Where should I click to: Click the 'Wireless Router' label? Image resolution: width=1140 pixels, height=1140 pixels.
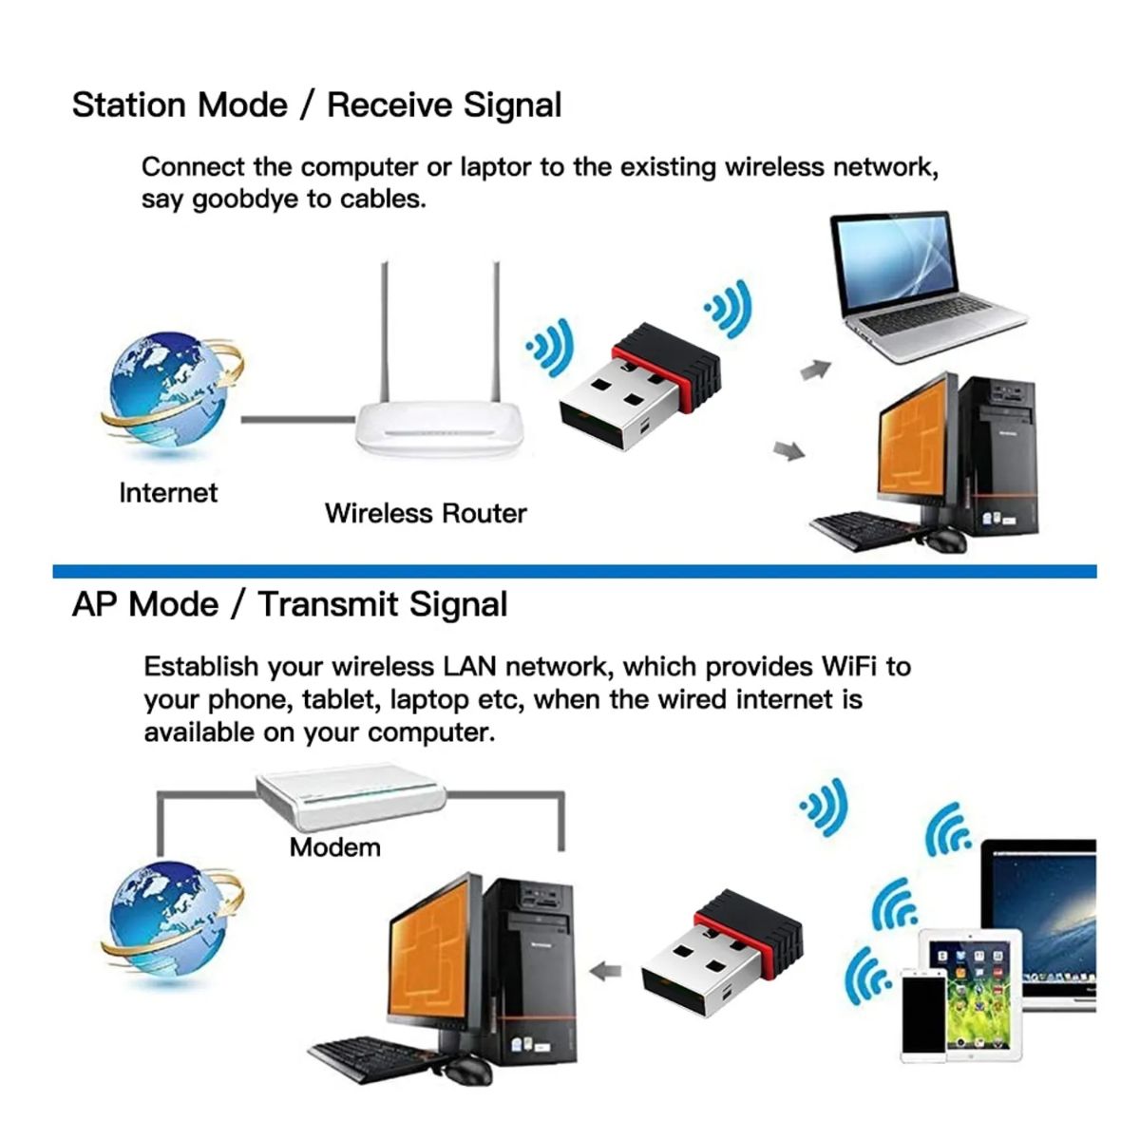point(426,513)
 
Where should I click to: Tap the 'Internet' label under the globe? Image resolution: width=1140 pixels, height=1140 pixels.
point(168,493)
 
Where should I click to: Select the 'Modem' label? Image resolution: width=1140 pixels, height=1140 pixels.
point(334,847)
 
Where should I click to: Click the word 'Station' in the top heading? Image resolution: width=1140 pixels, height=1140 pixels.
point(130,105)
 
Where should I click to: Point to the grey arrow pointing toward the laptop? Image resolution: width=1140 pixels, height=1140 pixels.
point(816,370)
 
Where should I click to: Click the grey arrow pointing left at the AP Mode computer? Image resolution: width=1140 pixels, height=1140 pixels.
point(605,971)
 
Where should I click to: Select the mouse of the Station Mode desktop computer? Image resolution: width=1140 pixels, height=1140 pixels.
point(944,541)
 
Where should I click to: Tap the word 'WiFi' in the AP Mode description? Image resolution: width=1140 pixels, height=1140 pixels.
point(848,667)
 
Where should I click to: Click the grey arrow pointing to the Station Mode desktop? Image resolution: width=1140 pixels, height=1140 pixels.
point(789,451)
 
